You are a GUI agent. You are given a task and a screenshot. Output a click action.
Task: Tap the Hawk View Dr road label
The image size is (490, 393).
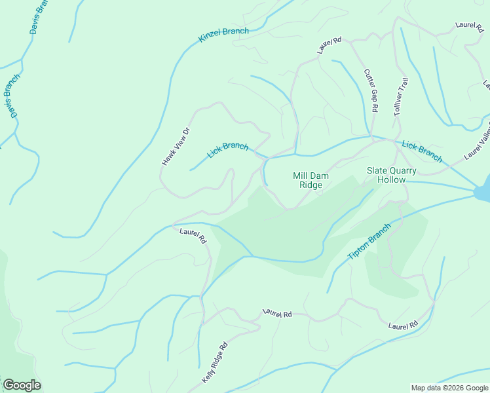175,145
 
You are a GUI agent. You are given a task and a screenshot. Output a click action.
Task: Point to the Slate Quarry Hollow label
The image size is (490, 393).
392,174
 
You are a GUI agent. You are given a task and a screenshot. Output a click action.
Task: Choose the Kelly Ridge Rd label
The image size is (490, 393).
214,362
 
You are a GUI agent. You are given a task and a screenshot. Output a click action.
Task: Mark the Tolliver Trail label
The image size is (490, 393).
401,98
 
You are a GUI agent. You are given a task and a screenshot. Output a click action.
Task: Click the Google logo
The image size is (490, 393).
22,385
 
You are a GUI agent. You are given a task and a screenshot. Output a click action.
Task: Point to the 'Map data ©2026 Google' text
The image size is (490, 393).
449,388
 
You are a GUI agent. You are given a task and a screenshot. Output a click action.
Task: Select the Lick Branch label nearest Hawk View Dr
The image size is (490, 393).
227,150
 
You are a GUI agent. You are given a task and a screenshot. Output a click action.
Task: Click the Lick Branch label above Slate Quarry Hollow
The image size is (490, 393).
422,151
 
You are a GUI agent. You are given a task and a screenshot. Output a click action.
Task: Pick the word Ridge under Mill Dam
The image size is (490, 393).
311,185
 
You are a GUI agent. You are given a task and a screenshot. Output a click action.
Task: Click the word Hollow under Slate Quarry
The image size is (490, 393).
392,179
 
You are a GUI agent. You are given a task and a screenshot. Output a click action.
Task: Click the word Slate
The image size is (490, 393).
377,170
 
